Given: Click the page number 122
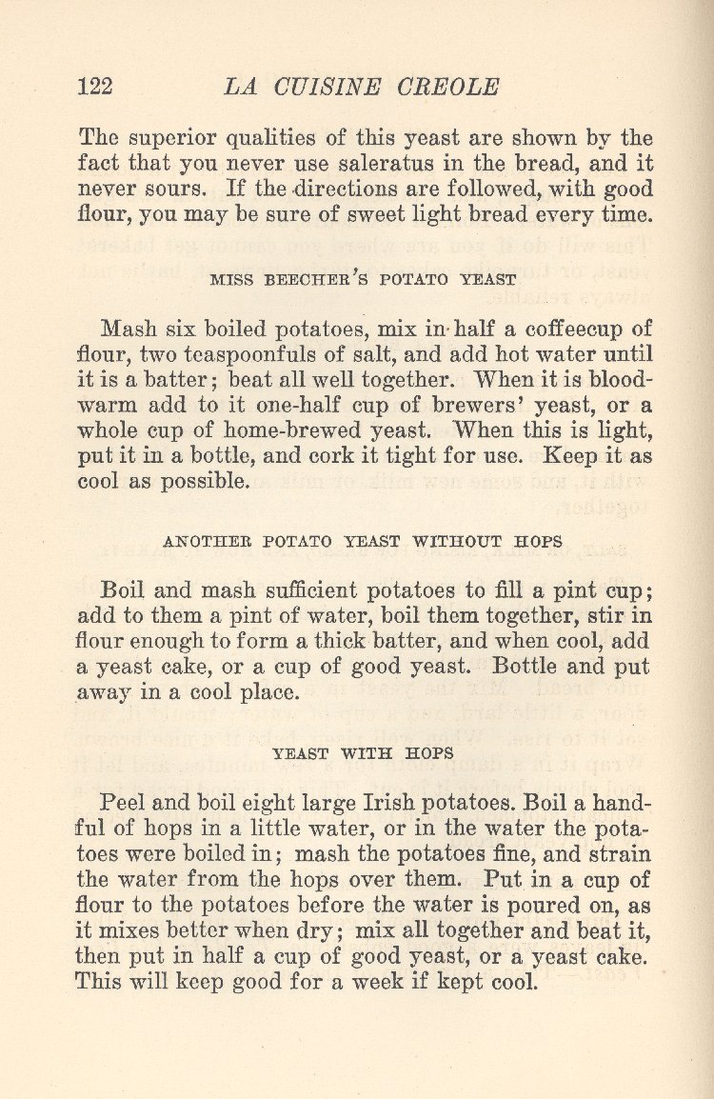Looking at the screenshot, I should click(x=95, y=87).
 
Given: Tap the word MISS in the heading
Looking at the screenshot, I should click(x=231, y=280).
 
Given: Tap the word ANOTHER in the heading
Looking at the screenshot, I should click(x=204, y=542).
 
